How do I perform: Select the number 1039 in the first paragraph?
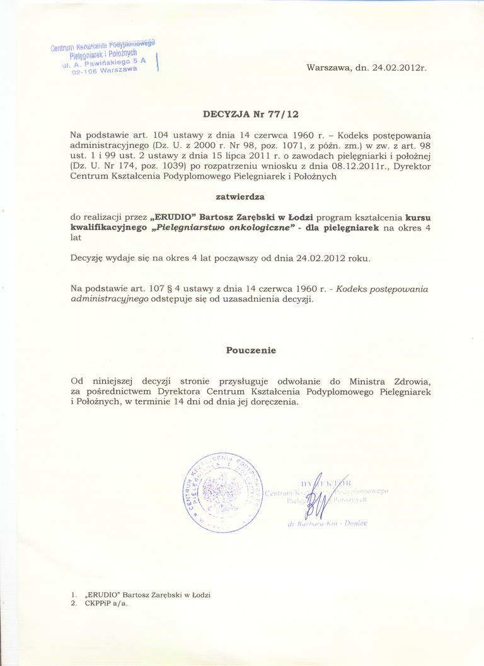pos(164,166)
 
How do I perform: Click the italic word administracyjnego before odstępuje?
pos(109,299)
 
